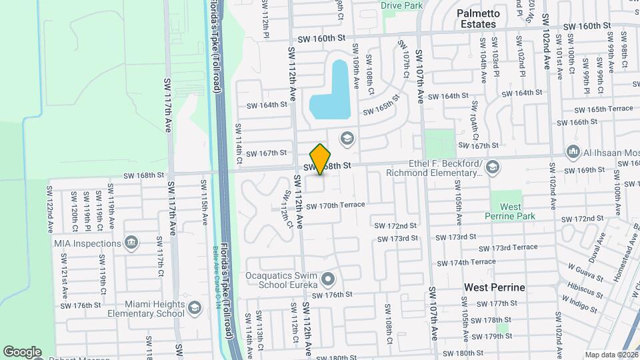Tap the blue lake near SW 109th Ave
point(331,93)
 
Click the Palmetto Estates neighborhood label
point(477,19)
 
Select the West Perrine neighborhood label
point(494,287)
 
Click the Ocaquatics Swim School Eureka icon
point(327,278)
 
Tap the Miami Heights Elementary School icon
point(194,307)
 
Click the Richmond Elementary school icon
point(492,165)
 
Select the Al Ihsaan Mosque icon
point(573,153)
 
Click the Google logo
point(22,351)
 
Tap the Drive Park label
point(402,5)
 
